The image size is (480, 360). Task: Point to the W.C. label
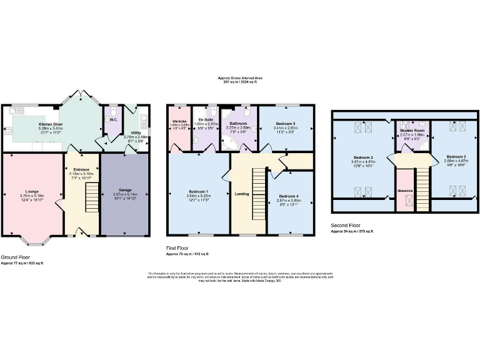point(113,119)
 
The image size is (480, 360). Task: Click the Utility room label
point(135,133)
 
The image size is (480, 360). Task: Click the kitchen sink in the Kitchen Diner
point(16,110)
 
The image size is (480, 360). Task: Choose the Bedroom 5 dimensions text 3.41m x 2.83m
point(286,128)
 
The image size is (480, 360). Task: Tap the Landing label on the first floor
point(242,194)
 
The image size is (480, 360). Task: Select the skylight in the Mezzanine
point(409,201)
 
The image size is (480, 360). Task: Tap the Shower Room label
point(412,130)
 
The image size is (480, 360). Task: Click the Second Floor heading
point(346,226)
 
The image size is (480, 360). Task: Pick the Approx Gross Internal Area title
point(239,78)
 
